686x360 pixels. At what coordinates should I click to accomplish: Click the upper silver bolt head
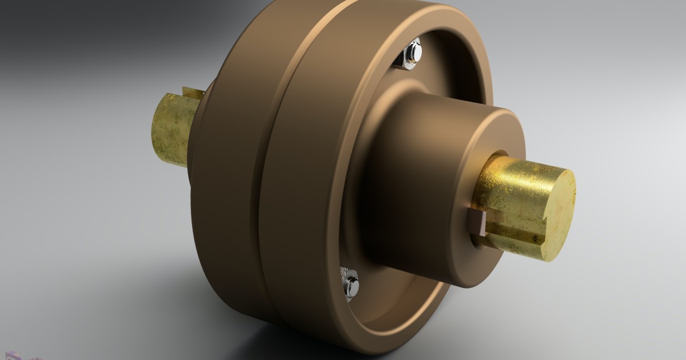coord(416,51)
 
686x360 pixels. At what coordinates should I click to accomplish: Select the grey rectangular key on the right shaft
coord(477,222)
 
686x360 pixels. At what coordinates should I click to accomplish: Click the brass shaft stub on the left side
coord(170,129)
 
